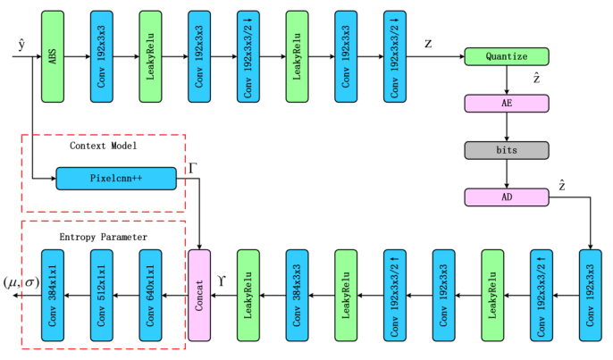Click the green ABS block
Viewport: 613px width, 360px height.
(52, 56)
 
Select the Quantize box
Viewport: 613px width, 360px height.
(507, 56)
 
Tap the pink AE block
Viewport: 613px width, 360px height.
(507, 103)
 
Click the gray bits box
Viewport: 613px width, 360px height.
(507, 149)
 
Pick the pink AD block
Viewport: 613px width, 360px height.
(507, 196)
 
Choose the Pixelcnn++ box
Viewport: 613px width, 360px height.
(116, 179)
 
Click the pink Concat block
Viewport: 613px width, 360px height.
(198, 294)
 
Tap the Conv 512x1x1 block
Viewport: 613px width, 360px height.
(101, 294)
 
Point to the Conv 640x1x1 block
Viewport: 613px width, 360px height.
(150, 294)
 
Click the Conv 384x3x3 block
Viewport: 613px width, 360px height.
(297, 294)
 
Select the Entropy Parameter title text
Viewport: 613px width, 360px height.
(104, 237)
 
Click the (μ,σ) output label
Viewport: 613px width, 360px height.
(21, 283)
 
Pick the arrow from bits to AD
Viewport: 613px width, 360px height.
(507, 172)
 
